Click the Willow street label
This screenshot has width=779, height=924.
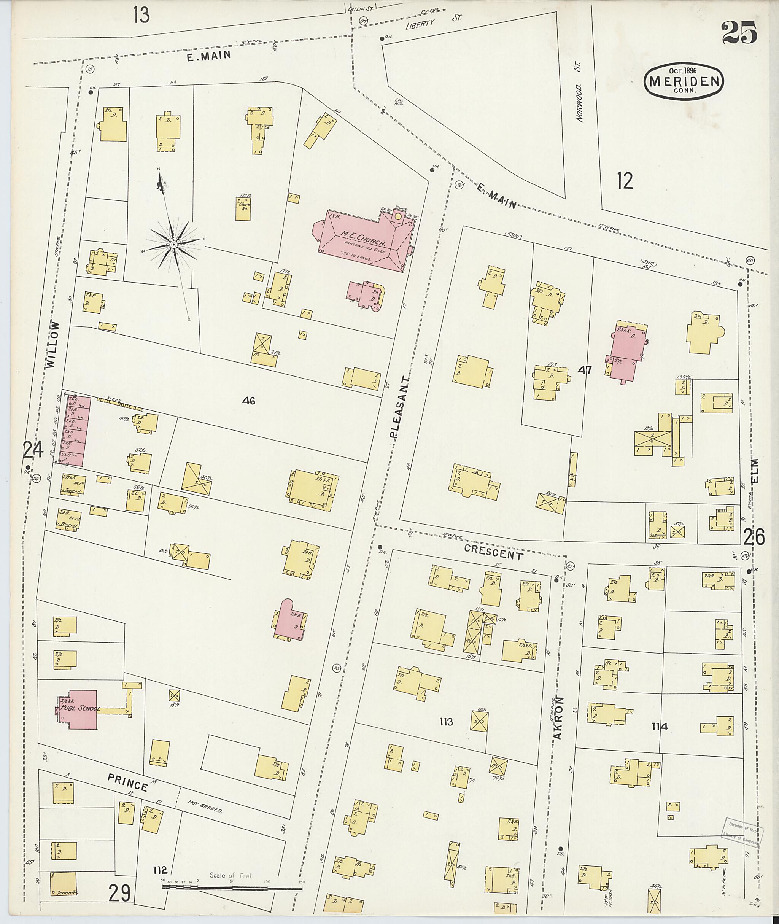click(52, 345)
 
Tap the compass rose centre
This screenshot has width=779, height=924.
click(174, 244)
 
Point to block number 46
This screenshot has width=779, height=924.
click(249, 401)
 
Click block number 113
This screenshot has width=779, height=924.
click(446, 722)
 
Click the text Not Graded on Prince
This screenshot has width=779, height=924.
click(204, 807)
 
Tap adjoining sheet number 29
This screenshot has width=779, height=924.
click(120, 894)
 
